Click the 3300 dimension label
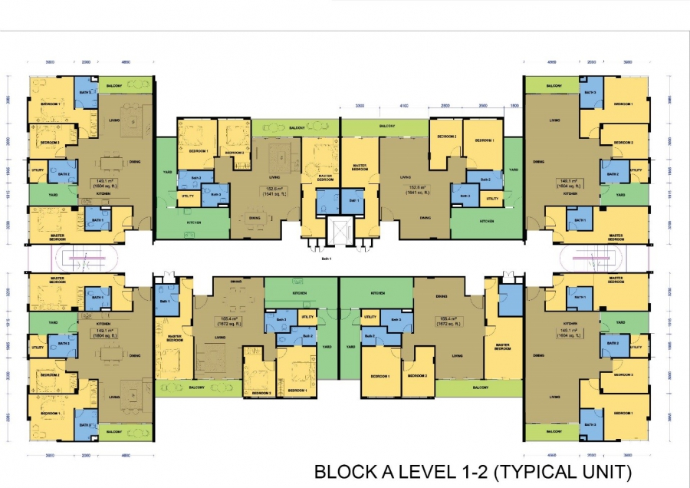[360, 106]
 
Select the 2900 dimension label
[445, 106]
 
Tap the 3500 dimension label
[483, 106]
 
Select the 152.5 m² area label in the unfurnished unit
[418, 190]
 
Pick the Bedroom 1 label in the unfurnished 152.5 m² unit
[483, 141]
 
